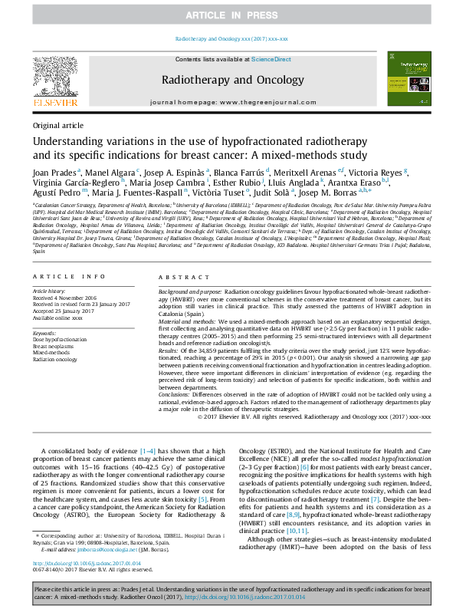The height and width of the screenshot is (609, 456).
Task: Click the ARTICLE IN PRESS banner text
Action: pyautogui.click(x=228, y=15)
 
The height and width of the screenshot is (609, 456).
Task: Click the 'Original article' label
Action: pyautogui.click(x=58, y=125)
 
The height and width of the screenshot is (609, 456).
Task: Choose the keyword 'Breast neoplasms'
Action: pyautogui.click(x=54, y=346)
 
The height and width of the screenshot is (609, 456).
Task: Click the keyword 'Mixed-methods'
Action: pyautogui.click(x=51, y=353)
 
